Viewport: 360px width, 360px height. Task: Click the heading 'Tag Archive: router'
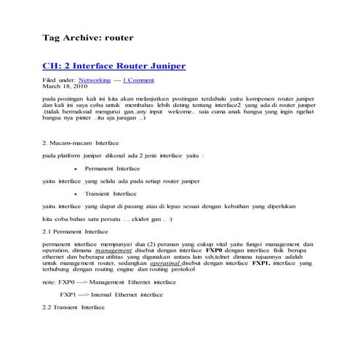coord(87,36)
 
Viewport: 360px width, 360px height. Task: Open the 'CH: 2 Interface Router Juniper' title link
coord(113,66)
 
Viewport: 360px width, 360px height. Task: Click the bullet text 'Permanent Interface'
coord(117,168)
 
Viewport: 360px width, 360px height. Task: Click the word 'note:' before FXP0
coord(49,281)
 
